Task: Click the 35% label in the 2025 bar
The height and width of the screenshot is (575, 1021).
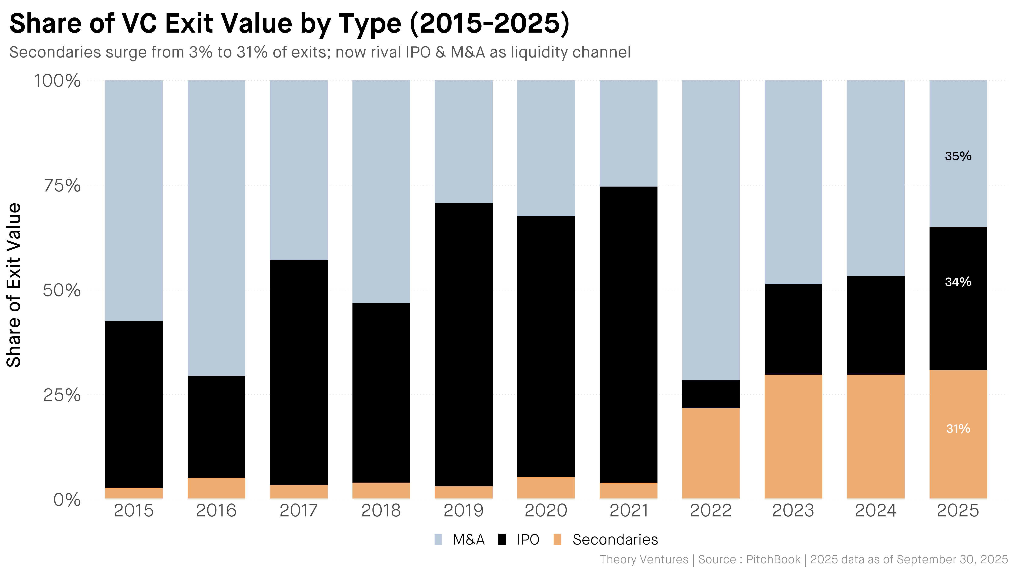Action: (x=958, y=156)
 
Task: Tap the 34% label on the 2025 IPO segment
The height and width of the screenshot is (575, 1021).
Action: (x=958, y=282)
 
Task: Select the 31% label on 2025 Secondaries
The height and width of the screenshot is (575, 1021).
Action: (x=958, y=428)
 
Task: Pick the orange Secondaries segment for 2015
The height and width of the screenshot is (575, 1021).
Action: (x=134, y=493)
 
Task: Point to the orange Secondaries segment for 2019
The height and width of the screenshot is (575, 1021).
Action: (x=464, y=492)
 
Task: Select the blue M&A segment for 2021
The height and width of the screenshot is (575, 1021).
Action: (x=628, y=133)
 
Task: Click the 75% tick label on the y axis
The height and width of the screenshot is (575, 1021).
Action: (x=62, y=185)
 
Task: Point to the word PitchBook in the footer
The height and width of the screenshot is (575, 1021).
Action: (x=773, y=559)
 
